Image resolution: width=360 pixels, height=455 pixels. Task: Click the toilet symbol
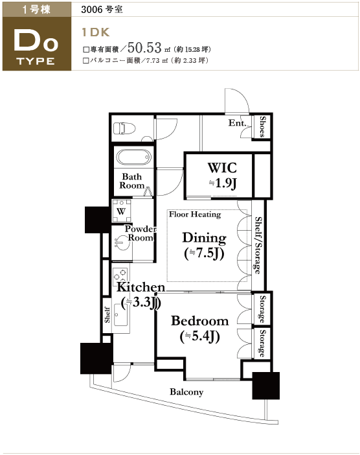(124, 128)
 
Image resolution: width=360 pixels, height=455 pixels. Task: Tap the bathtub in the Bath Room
(133, 157)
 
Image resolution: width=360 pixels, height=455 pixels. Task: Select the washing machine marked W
(122, 211)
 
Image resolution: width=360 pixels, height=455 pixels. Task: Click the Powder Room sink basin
(122, 242)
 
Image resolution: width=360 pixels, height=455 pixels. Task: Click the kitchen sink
(120, 314)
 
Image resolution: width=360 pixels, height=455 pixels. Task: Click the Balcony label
(186, 392)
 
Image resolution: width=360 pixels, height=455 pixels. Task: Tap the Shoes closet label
(262, 126)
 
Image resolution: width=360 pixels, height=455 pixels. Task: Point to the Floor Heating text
(195, 215)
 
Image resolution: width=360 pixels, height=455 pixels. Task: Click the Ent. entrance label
(237, 123)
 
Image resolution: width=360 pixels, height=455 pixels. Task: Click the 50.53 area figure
(144, 47)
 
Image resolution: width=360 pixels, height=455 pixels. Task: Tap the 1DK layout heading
(96, 32)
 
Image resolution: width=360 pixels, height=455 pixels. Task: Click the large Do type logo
(36, 41)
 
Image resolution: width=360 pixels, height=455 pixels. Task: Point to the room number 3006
(92, 10)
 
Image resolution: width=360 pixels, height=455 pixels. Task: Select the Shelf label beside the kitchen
(107, 315)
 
